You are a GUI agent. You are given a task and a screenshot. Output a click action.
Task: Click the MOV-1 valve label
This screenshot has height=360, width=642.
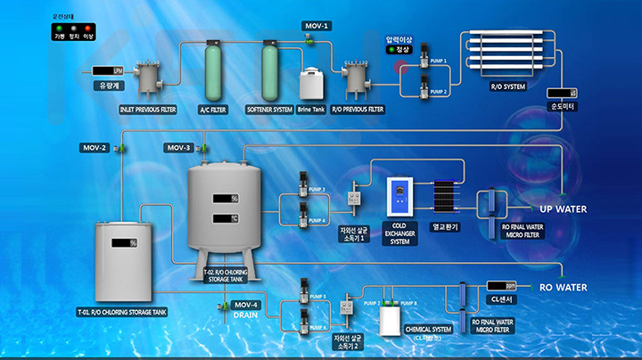pos(317,26)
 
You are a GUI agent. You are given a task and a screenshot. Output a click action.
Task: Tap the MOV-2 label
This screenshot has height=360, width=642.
pos(95,146)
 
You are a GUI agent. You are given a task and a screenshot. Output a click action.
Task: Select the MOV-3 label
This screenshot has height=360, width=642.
pos(178,146)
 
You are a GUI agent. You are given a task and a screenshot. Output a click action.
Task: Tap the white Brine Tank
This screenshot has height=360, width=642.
pos(310,85)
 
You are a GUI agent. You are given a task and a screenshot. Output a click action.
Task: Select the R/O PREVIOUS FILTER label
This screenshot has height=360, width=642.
pos(357,109)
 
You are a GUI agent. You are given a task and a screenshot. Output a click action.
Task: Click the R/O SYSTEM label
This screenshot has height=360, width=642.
pos(509,86)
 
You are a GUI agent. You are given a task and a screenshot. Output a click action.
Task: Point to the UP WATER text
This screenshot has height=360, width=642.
pos(564,209)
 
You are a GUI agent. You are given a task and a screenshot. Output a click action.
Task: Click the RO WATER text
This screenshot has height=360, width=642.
pos(564,288)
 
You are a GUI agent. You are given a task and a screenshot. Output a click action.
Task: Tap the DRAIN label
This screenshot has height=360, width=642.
pos(246,315)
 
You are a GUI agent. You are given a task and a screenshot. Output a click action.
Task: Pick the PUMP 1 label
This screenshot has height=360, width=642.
pos(438,61)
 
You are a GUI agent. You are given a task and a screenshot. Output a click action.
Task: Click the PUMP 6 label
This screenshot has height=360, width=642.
pos(318,327)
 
